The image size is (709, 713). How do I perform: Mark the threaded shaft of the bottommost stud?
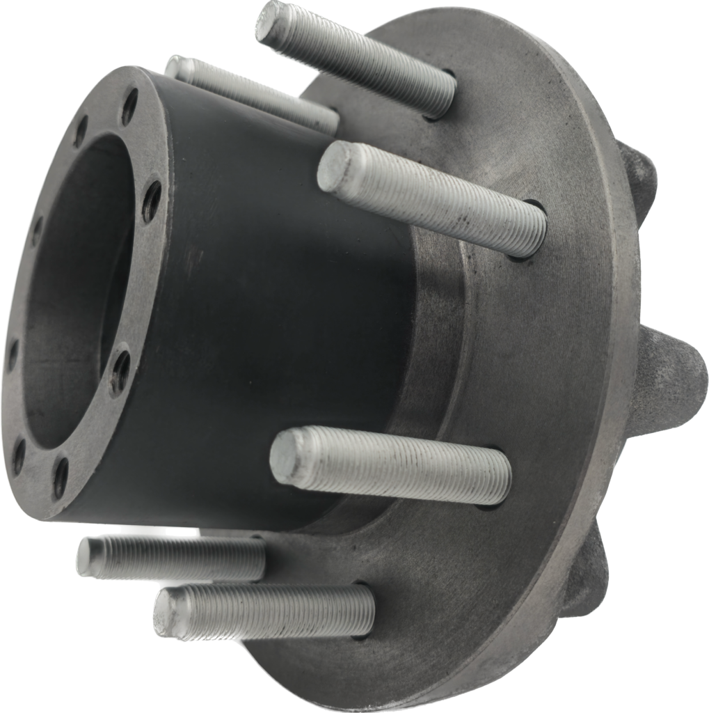click(x=278, y=611)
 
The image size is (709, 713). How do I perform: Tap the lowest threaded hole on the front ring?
click(x=61, y=478)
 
